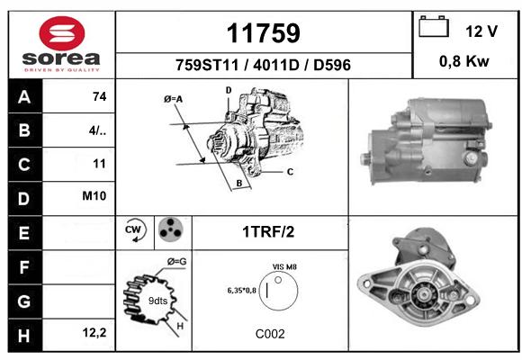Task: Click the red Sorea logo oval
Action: pos(62,33)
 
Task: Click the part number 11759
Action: pos(264,33)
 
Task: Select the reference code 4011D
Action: pos(276,65)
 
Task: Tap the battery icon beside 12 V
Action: pos(434,26)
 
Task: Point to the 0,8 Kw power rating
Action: pos(464,61)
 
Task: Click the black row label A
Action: pos(25,96)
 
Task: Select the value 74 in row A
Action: pos(100,96)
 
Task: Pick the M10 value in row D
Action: pos(94,196)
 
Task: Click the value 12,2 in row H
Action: pos(94,332)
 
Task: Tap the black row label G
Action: pos(25,301)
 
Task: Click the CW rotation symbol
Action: pos(135,230)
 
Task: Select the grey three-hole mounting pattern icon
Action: pos(171,229)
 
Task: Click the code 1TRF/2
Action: pos(268,232)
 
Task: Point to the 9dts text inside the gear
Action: pos(157,301)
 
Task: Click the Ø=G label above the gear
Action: pos(176,262)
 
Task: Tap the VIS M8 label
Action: pos(284,267)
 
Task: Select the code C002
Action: pos(270,334)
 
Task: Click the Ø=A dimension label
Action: pos(173,99)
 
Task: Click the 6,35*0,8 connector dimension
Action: pos(242,291)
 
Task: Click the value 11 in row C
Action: pos(99,164)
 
